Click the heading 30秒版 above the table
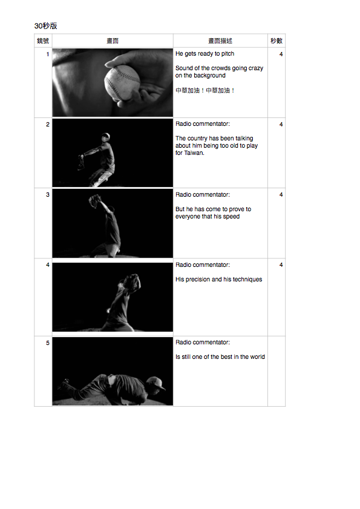[x=46, y=26]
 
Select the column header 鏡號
[x=43, y=41]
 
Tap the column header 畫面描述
[x=220, y=41]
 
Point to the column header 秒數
[x=277, y=41]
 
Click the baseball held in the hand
[x=122, y=83]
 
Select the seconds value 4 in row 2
[x=281, y=124]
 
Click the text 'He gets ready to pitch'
[x=205, y=53]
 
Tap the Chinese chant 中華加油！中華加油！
[x=205, y=91]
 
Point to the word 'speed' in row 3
[x=231, y=217]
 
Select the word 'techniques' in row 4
[x=247, y=280]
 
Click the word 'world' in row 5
[x=257, y=356]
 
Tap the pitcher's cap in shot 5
[x=156, y=383]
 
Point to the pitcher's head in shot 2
[x=105, y=137]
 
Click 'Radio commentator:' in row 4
[x=203, y=265]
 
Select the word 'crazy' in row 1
[x=255, y=68]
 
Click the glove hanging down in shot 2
[x=80, y=162]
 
